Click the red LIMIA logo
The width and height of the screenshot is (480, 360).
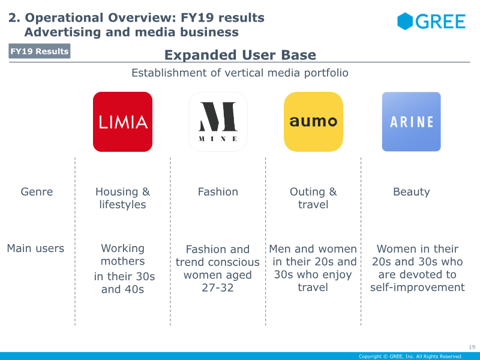pyautogui.click(x=122, y=122)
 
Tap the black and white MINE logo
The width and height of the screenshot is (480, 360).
pyautogui.click(x=218, y=122)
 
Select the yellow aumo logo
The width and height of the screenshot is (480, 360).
pyautogui.click(x=313, y=122)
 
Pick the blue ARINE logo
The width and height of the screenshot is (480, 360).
pyautogui.click(x=411, y=122)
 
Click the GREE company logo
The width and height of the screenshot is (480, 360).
pyautogui.click(x=431, y=22)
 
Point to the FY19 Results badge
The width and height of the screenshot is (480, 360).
pyautogui.click(x=40, y=51)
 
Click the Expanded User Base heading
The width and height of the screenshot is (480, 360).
pyautogui.click(x=240, y=55)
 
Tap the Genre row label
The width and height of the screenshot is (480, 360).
pyautogui.click(x=37, y=192)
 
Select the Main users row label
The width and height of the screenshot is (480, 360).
pyautogui.click(x=35, y=248)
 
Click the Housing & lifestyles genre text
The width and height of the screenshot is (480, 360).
pyautogui.click(x=122, y=198)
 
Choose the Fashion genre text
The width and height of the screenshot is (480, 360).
pyautogui.click(x=218, y=192)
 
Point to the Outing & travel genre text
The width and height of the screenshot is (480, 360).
pyautogui.click(x=313, y=198)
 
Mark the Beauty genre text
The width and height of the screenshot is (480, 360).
pyautogui.click(x=411, y=192)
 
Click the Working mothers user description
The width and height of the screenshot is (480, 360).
pyautogui.click(x=122, y=255)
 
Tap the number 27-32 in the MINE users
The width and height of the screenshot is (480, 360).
pyautogui.click(x=217, y=288)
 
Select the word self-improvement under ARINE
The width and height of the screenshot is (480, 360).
pyautogui.click(x=417, y=287)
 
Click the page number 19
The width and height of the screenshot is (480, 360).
pyautogui.click(x=472, y=347)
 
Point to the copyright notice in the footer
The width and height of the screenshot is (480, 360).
pyautogui.click(x=410, y=356)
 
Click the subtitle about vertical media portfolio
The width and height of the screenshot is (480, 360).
pyautogui.click(x=240, y=73)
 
